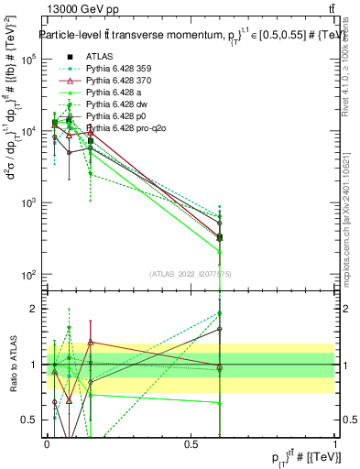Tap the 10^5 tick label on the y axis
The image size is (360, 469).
point(28,60)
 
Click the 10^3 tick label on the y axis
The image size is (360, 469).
point(28,203)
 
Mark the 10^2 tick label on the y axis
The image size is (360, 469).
point(28,275)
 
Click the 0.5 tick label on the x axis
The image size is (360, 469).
point(191,443)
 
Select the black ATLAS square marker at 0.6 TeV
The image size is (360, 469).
point(220,237)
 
